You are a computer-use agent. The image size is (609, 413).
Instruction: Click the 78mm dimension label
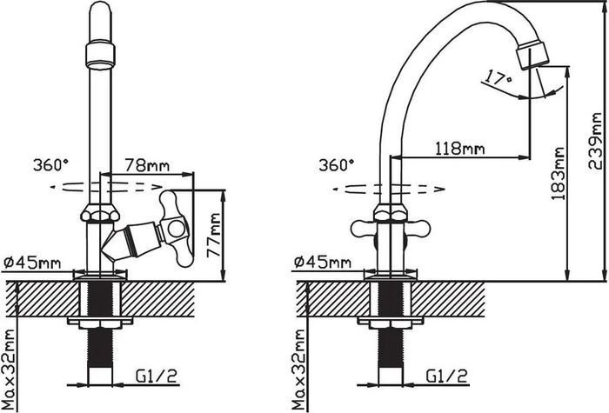tap(147, 166)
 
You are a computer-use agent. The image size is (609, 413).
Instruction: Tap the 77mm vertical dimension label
tap(214, 236)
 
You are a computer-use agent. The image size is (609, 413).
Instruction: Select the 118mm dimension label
tap(459, 149)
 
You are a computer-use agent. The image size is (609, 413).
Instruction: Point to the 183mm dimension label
tap(558, 174)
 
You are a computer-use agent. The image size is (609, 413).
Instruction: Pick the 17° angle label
tap(498, 78)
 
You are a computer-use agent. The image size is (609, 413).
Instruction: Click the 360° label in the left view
tap(50, 165)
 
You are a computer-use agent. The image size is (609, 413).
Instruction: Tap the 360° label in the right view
tap(337, 165)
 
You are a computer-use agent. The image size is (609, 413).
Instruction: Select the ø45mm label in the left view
tap(33, 263)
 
